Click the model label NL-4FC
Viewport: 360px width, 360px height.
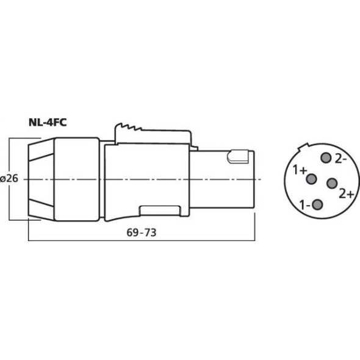(48, 121)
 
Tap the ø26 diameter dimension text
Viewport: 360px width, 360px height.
(10, 179)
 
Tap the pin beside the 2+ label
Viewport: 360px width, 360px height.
(333, 184)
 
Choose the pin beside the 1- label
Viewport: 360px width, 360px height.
(318, 205)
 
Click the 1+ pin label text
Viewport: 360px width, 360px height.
(300, 170)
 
